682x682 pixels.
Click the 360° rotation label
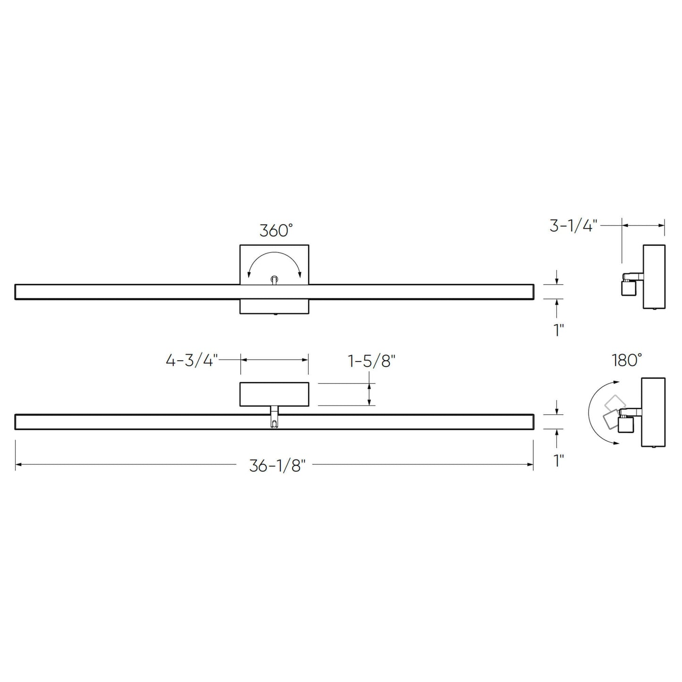276,231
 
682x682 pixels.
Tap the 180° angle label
627,361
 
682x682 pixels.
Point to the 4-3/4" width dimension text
192,361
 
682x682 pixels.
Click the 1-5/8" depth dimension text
371,361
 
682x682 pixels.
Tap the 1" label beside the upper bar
558,330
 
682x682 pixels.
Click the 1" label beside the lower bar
558,461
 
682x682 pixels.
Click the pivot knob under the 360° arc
274,280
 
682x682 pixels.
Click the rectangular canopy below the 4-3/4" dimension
274,395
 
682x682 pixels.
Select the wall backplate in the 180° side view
654,412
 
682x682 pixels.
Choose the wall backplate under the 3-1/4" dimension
654,277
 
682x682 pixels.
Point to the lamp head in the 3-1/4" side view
628,287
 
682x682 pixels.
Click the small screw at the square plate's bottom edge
275,314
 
